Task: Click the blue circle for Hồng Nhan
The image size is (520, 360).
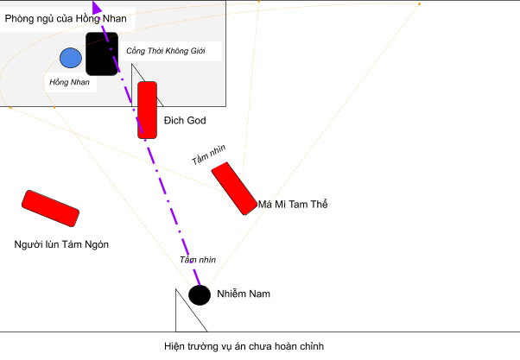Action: (71, 58)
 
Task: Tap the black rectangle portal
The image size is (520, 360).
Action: (102, 54)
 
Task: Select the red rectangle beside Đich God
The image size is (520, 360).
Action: (147, 110)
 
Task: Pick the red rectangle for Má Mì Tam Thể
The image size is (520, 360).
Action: (234, 188)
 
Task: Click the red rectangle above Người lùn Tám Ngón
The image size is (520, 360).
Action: (50, 209)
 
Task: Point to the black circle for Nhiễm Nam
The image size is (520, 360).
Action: (200, 295)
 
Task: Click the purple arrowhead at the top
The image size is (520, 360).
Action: (97, 7)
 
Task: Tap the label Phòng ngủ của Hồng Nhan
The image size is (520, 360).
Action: (66, 19)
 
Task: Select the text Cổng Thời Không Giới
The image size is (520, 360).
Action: (166, 51)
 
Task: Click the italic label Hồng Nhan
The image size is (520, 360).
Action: (69, 82)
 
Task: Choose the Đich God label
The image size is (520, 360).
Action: (185, 120)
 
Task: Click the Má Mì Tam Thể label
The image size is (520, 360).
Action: (293, 205)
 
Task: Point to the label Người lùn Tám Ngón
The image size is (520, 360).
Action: (61, 244)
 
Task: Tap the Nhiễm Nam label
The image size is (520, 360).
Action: (244, 294)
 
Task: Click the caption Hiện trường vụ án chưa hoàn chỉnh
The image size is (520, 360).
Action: (244, 346)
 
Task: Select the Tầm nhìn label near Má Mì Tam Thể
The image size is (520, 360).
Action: (208, 155)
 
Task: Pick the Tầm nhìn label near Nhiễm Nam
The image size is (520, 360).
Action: (198, 260)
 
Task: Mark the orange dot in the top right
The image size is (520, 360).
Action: (419, 4)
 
